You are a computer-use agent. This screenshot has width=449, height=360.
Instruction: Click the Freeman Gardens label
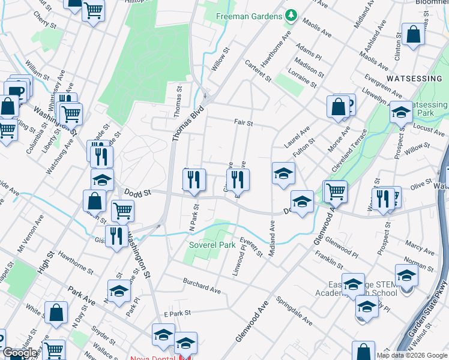pos(249,16)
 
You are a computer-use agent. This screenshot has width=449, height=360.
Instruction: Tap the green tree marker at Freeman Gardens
pos(291,15)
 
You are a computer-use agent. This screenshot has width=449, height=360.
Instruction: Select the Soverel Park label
pos(212,245)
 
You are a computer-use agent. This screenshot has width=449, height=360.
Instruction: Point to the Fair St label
pos(243,123)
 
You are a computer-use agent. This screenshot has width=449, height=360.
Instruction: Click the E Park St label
pos(177,313)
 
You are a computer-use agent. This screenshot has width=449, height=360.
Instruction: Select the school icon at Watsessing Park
pos(400,112)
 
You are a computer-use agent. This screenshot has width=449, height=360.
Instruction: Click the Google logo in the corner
pos(19,353)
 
